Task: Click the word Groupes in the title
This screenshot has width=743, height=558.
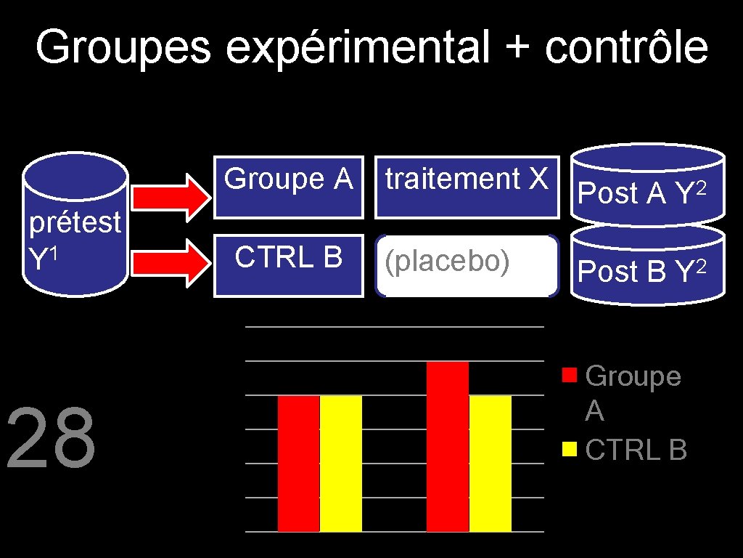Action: [x=123, y=48]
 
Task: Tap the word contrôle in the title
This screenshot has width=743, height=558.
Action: [x=627, y=48]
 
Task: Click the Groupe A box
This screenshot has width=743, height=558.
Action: [x=288, y=187]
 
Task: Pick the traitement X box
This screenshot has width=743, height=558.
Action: [x=467, y=187]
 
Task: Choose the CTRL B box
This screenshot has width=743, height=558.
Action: [x=288, y=265]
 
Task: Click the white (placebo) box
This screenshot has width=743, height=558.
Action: [x=467, y=266]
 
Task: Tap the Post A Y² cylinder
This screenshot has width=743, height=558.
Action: [x=647, y=187]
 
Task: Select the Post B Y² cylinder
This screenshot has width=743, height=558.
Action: [x=647, y=267]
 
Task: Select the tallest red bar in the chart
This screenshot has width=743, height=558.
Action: [x=448, y=446]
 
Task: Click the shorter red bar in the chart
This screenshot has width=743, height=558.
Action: [x=298, y=464]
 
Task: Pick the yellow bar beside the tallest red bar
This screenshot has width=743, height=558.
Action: [x=490, y=464]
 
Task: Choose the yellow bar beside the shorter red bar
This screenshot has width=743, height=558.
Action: [x=341, y=464]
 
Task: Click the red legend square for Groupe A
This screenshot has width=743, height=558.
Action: [x=570, y=376]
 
